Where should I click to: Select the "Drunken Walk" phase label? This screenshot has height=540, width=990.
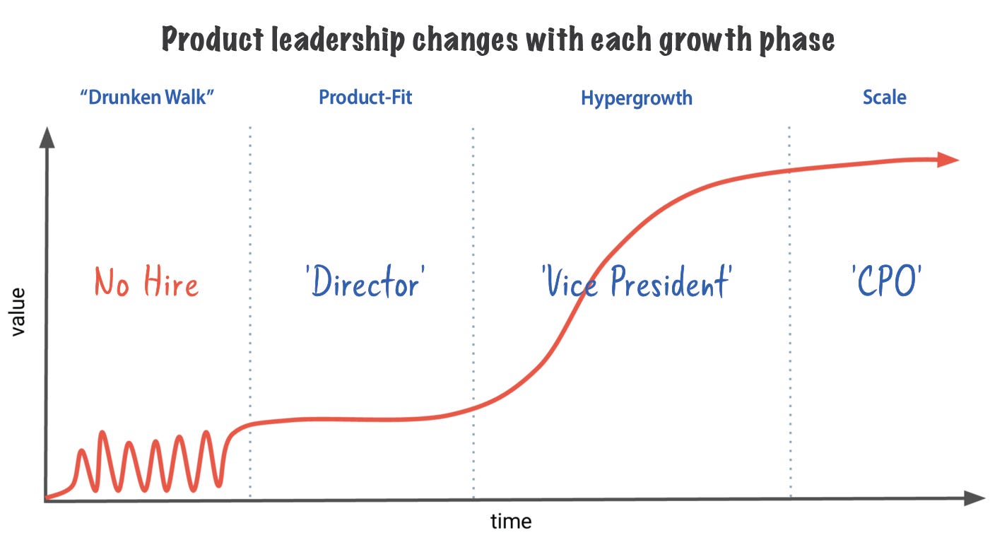147,97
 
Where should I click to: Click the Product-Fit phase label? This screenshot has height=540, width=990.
365,97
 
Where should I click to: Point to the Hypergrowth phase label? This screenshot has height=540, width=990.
636,98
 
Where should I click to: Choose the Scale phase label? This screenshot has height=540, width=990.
884,97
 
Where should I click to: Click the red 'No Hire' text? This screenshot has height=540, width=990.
147,283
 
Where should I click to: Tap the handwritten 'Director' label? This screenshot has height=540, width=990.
365,283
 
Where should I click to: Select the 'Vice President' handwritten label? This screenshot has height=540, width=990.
635,283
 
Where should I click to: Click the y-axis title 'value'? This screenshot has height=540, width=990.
18,311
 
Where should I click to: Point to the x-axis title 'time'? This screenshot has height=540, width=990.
510,522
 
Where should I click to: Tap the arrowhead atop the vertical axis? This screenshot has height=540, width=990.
47,137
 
